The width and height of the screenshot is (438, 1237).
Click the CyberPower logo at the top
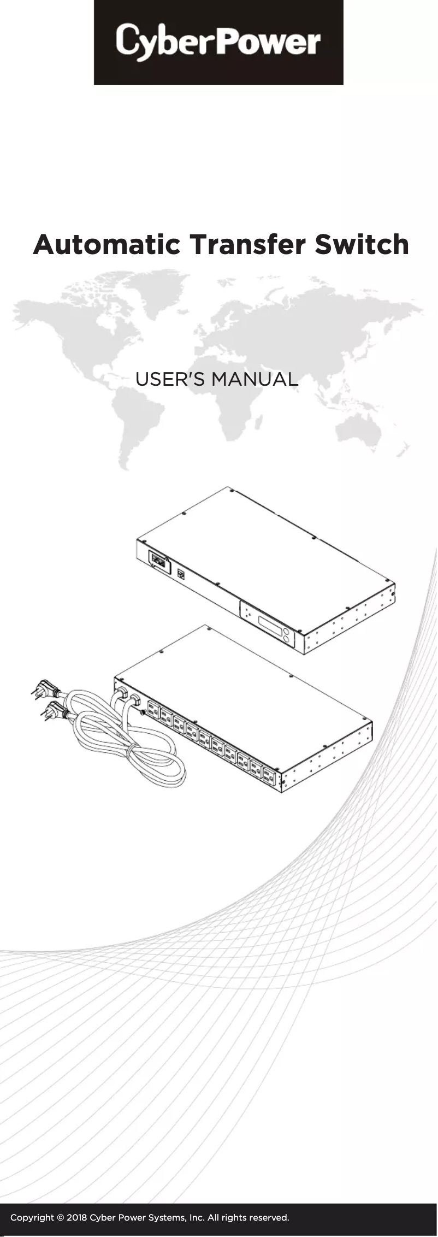pyautogui.click(x=218, y=42)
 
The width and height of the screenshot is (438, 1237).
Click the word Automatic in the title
pyautogui.click(x=106, y=245)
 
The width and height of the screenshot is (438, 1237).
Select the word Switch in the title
pyautogui.click(x=362, y=245)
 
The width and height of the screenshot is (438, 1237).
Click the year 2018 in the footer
pyautogui.click(x=77, y=1218)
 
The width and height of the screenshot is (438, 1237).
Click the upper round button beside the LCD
pyautogui.click(x=286, y=633)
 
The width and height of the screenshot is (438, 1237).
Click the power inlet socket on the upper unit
pyautogui.click(x=157, y=560)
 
